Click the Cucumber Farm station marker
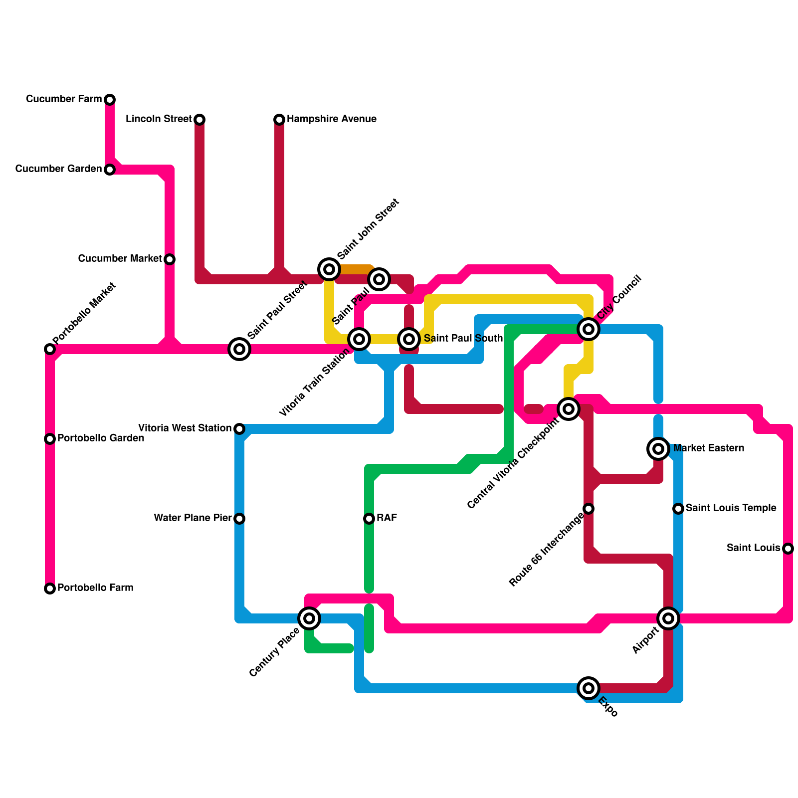click(110, 100)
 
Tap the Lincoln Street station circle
click(199, 120)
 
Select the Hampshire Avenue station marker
click(279, 120)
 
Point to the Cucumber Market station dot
click(170, 259)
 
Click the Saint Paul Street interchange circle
click(239, 349)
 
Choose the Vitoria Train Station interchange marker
click(359, 339)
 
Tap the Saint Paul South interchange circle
click(409, 339)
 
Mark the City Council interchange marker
click(589, 329)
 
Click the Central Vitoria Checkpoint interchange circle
click(569, 409)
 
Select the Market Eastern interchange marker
click(658, 449)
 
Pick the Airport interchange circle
click(668, 618)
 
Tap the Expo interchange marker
click(589, 688)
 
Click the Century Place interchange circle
click(309, 618)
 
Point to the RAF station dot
click(369, 519)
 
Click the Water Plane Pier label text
click(193, 518)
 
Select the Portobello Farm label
click(95, 588)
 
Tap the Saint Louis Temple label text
click(731, 508)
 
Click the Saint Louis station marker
click(788, 549)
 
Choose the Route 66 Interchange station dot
click(589, 509)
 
